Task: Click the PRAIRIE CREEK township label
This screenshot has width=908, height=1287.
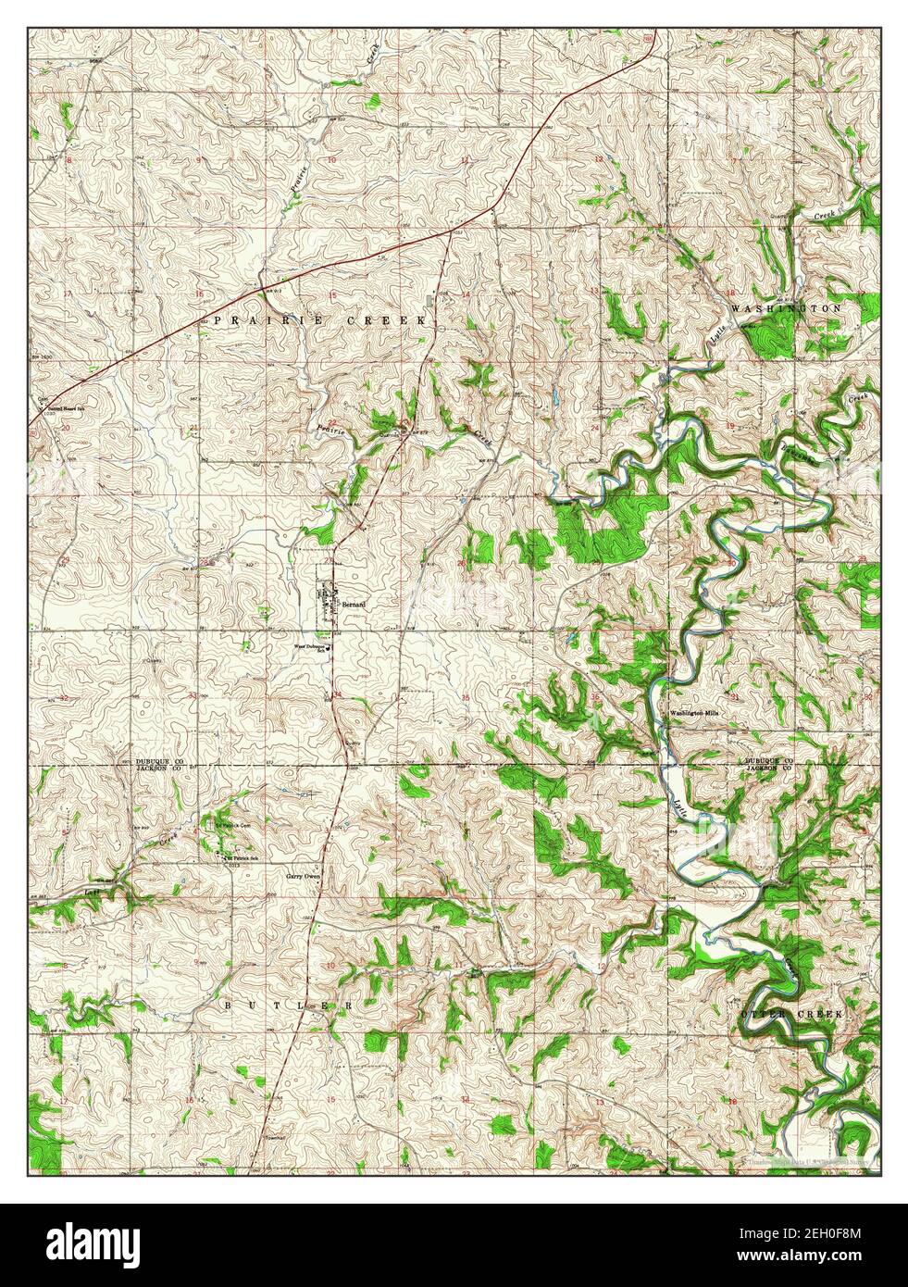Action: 319,319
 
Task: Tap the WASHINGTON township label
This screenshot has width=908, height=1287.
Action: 786,307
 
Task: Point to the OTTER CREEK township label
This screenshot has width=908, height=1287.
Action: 792,1015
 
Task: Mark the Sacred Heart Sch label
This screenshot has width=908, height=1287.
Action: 55,406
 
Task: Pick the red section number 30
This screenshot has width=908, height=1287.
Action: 731,563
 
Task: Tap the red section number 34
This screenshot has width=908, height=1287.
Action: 337,693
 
